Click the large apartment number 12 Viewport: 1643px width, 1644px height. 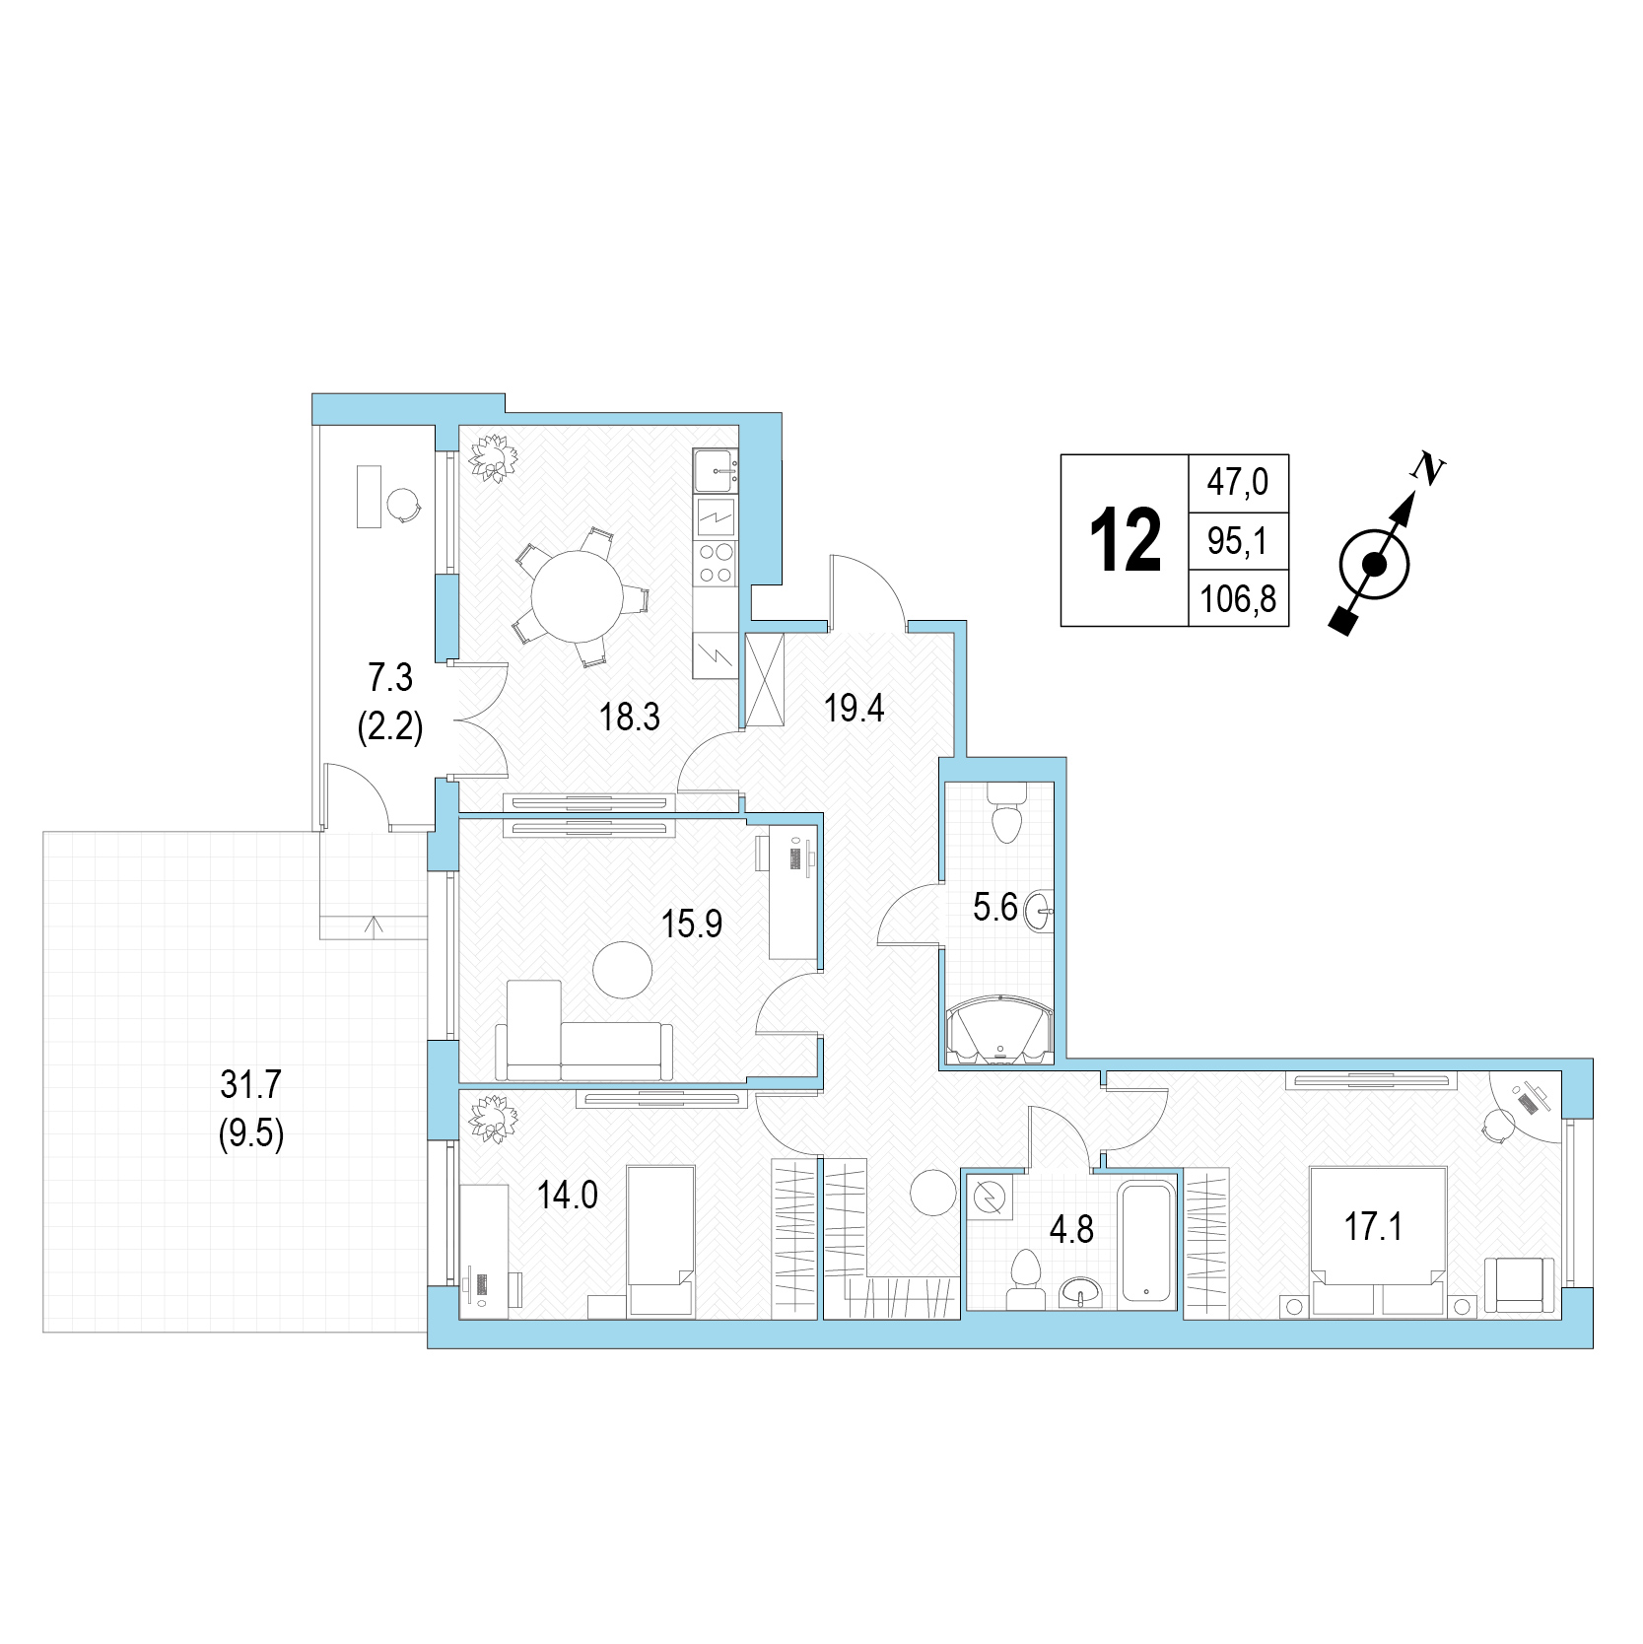tap(1125, 540)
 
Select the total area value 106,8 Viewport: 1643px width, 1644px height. tap(1239, 598)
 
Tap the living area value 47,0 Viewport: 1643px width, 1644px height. tap(1238, 482)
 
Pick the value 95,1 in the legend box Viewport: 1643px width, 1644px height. tap(1237, 540)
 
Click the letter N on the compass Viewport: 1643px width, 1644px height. tap(1425, 468)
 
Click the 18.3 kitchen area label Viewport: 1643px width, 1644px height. tap(630, 717)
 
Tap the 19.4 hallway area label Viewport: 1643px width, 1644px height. tap(855, 708)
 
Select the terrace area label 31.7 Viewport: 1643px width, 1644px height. tap(251, 1085)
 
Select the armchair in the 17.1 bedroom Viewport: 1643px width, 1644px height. tap(1521, 1285)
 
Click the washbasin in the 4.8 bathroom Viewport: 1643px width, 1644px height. tap(1083, 1291)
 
